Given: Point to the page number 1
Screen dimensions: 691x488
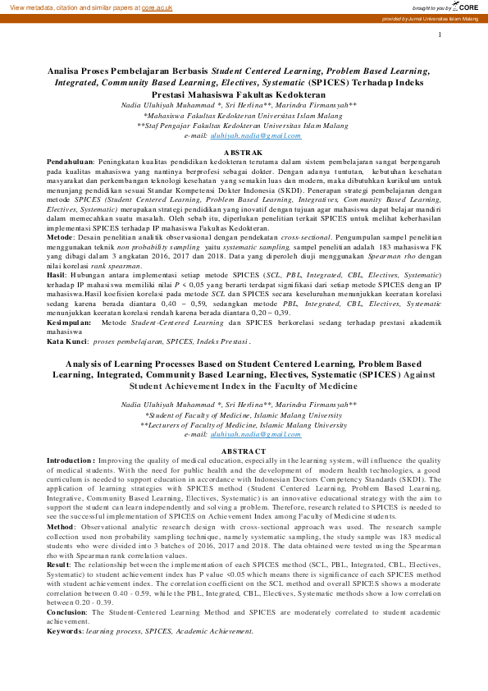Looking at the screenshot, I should pyautogui.click(x=440, y=34).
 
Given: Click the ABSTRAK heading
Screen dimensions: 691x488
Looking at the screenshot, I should pyautogui.click(x=244, y=153).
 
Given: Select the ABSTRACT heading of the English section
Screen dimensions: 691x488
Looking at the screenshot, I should pyautogui.click(x=244, y=451).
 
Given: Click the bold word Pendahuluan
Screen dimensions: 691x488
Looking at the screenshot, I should pyautogui.click(x=70, y=163).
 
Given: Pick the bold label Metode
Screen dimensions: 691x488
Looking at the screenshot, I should pyautogui.click(x=61, y=235).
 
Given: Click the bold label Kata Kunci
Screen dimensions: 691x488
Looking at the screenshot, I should pyautogui.click(x=68, y=341).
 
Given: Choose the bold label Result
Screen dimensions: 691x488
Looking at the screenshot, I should pyautogui.click(x=58, y=565).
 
